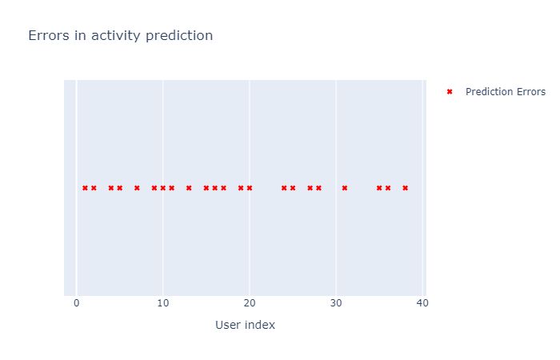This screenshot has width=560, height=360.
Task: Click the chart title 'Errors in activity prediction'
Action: (x=120, y=36)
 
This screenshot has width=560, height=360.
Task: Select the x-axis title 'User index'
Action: (x=245, y=325)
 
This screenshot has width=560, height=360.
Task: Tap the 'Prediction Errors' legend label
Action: (x=506, y=92)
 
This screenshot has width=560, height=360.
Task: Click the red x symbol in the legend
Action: (x=450, y=92)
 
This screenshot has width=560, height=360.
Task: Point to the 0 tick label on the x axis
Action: (x=76, y=304)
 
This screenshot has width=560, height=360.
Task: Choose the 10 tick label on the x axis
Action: (x=162, y=304)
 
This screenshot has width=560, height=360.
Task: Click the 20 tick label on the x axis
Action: (x=250, y=304)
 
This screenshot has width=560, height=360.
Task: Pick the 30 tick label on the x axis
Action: (x=336, y=304)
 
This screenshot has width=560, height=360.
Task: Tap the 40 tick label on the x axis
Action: (x=422, y=304)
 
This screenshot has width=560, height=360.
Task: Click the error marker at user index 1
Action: (x=85, y=188)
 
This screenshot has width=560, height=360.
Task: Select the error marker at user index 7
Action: (x=137, y=188)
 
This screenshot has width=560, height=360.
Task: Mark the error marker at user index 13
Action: (x=189, y=188)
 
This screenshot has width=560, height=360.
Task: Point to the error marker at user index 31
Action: (x=345, y=188)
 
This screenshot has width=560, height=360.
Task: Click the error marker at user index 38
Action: (x=405, y=188)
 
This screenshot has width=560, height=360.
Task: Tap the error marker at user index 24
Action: (x=284, y=188)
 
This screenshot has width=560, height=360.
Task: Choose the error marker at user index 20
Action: (x=250, y=188)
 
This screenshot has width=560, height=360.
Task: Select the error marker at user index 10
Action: (x=162, y=188)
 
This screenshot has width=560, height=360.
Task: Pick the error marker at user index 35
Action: (x=379, y=188)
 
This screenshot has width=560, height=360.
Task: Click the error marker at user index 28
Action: (x=318, y=188)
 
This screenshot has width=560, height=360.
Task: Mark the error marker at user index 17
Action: (x=223, y=188)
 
